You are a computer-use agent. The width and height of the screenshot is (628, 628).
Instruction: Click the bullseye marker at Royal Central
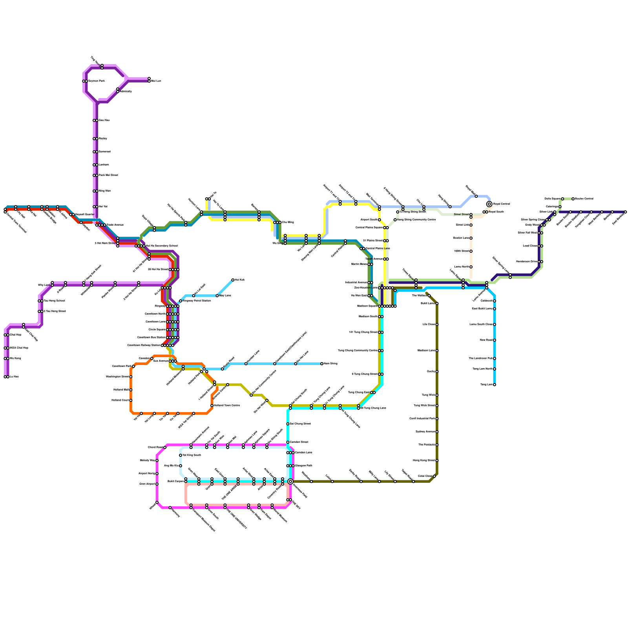tap(489, 204)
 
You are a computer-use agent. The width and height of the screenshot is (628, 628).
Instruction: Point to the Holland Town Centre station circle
tap(212, 405)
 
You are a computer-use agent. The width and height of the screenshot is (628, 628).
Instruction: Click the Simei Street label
tap(461, 215)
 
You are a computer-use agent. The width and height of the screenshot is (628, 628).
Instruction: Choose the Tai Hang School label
tap(54, 301)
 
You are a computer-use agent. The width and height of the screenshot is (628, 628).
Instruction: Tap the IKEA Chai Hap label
tap(19, 348)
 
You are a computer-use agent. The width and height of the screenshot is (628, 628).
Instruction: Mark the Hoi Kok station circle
tap(233, 280)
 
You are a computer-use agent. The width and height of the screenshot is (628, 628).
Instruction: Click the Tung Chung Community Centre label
tap(358, 351)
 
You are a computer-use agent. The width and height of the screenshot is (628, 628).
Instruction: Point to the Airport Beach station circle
tap(379, 220)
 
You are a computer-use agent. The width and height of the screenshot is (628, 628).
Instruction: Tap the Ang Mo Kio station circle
tap(181, 466)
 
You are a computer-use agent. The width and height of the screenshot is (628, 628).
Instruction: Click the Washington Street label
tap(117, 377)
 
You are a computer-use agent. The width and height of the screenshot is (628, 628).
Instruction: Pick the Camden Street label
tap(299, 442)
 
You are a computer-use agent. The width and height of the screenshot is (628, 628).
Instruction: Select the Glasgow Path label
tap(304, 466)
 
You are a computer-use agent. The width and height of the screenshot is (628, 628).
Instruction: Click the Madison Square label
tap(367, 306)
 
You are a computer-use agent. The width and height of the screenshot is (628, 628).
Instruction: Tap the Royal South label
tap(496, 212)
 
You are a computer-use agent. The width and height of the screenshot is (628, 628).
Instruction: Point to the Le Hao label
tap(14, 377)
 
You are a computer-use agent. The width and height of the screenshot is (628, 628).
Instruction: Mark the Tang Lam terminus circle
tap(495, 385)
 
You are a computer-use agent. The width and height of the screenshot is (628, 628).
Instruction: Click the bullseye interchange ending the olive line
tap(290, 482)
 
